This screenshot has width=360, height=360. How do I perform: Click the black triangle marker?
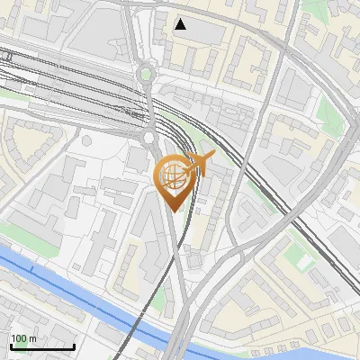(x=181, y=24)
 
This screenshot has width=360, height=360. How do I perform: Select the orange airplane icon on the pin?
(x=200, y=164)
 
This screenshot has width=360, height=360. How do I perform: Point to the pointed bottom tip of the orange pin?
(x=172, y=211)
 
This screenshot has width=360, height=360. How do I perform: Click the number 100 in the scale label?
(x=19, y=338)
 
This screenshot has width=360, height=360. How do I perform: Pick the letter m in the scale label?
(x=33, y=338)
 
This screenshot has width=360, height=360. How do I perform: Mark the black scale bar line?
(x=41, y=346)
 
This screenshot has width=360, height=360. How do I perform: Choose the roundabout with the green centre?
(x=146, y=74)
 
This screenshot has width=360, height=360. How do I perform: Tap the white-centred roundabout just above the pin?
(x=149, y=137)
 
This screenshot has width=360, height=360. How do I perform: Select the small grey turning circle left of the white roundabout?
(x=87, y=140)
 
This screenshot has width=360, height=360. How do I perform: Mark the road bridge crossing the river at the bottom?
(x=180, y=342)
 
